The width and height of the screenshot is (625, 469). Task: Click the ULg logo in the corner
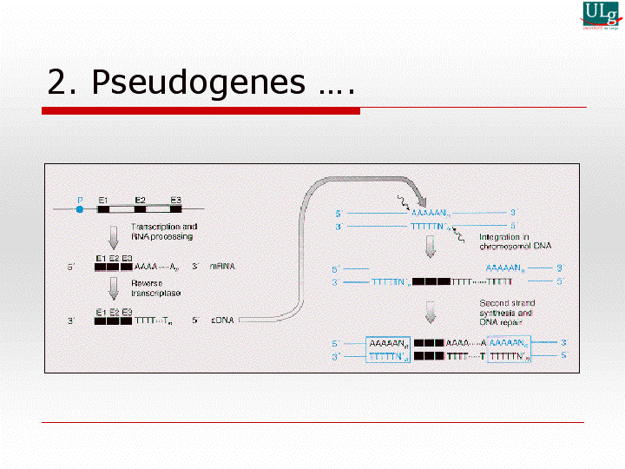click(x=600, y=14)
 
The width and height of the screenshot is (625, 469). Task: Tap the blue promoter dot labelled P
click(x=80, y=208)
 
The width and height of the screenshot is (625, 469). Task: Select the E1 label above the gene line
click(x=102, y=200)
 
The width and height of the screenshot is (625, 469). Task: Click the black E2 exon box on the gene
click(x=140, y=209)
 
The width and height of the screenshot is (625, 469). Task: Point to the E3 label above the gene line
click(x=175, y=200)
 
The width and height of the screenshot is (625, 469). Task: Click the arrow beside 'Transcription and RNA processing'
click(x=112, y=235)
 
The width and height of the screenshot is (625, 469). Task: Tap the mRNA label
click(x=222, y=267)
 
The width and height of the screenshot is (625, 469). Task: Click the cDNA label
click(x=222, y=320)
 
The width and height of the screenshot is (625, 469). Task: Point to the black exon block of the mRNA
click(x=114, y=267)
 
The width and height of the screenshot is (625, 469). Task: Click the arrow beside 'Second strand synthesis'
click(x=430, y=312)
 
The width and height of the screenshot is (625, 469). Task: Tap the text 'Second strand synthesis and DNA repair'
click(x=506, y=311)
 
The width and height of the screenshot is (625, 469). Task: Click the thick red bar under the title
click(x=201, y=111)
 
